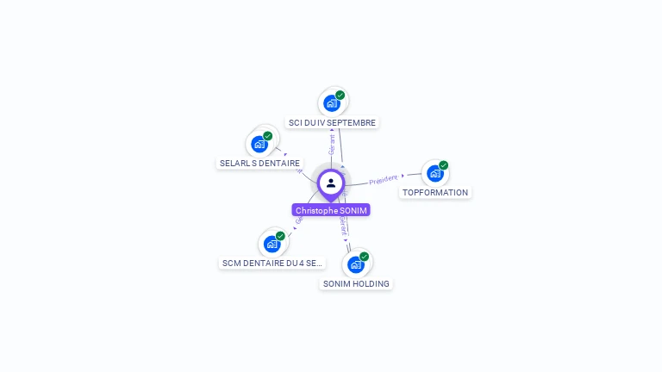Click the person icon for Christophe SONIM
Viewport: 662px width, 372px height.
coord(331,183)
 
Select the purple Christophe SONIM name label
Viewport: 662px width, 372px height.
coord(331,210)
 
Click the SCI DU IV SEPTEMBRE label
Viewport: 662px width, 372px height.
coord(332,122)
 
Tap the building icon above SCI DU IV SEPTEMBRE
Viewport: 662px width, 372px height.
coord(332,103)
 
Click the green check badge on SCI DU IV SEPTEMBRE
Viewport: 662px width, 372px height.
coord(340,95)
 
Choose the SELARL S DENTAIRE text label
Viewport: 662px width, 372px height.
coord(259,163)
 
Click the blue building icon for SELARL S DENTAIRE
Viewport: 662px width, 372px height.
coord(259,144)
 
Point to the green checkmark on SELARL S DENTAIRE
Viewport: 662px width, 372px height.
coord(268,136)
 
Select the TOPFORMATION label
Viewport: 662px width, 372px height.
coord(435,193)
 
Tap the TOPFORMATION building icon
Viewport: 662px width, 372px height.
coord(435,173)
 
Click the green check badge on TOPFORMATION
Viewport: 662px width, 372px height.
coord(444,165)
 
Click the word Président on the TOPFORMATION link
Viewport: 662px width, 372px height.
coord(383,180)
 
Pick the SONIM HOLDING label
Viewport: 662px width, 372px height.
coord(356,283)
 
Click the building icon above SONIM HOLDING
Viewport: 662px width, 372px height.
coord(356,264)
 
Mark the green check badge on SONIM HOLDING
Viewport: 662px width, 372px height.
coord(365,257)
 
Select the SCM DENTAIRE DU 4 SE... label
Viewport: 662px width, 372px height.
coord(272,263)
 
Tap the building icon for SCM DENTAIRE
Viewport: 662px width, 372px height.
coord(272,244)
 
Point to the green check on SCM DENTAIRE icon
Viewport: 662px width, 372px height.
coord(281,236)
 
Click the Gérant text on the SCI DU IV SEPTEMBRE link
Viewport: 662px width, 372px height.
coord(333,144)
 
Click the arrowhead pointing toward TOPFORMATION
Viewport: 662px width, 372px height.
coord(403,176)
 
